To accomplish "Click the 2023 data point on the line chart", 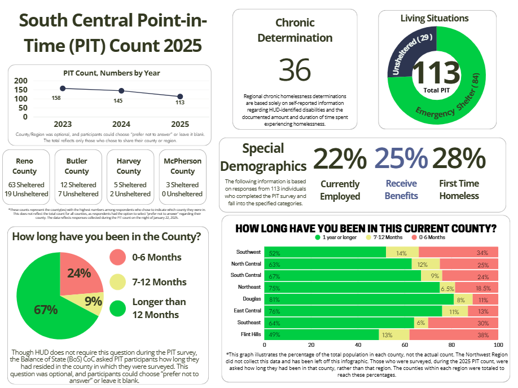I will [x=63, y=89].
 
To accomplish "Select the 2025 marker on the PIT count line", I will [x=180, y=96].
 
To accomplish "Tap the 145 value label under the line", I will [x=118, y=100].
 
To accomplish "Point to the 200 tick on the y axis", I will [x=21, y=81].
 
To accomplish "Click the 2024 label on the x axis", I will [x=121, y=124].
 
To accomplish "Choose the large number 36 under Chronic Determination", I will [x=295, y=69].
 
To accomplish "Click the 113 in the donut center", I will [x=436, y=73].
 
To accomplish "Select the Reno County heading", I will [x=25, y=166].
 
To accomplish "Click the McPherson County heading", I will [x=182, y=166].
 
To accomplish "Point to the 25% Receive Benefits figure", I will [x=401, y=159].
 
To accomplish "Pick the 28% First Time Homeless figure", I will [x=459, y=159].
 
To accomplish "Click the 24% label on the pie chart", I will [x=79, y=273].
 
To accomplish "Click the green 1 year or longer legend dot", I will [x=317, y=237].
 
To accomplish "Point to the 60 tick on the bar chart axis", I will [x=405, y=345].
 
